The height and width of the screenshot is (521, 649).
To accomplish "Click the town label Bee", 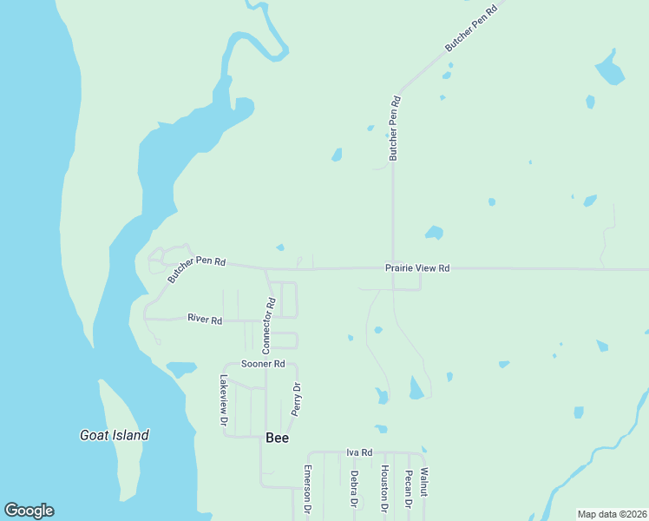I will [277, 439].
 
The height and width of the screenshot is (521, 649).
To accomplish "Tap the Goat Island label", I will [115, 435].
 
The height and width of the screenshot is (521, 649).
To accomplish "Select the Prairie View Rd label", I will [417, 269].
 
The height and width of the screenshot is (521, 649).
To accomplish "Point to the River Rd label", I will [205, 320].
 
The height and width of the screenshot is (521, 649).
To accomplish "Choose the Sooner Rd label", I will [263, 364].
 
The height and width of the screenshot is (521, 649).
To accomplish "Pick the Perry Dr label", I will [295, 399].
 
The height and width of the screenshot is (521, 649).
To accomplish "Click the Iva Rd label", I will [359, 452].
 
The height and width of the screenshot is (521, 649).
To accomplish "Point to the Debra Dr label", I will [354, 489].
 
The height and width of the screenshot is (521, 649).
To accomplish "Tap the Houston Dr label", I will [384, 488].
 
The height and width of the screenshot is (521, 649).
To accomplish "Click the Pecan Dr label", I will [408, 490].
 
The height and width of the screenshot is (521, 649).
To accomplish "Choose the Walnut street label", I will [424, 483].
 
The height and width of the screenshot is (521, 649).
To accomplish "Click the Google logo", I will [29, 511].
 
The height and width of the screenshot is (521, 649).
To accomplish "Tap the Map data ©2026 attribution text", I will [612, 514].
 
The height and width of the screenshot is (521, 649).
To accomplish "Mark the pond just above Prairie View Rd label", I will [434, 233].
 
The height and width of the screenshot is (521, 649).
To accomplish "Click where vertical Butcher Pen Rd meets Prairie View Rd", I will [393, 268].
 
